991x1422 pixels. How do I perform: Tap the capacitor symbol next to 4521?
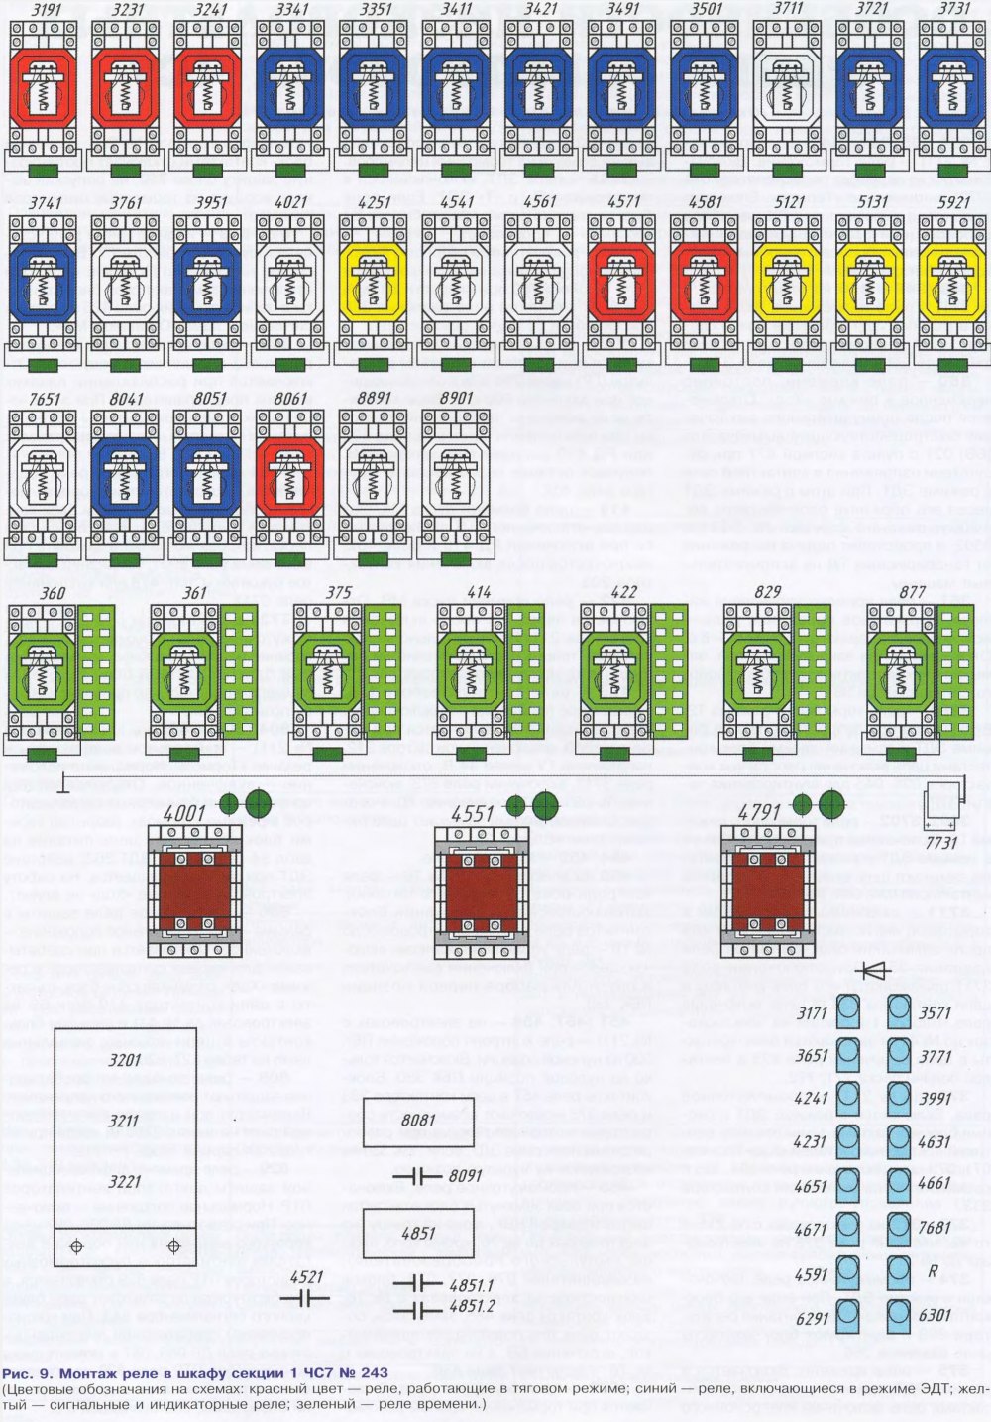click(x=306, y=1295)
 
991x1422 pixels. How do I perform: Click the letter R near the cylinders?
click(x=933, y=1270)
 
